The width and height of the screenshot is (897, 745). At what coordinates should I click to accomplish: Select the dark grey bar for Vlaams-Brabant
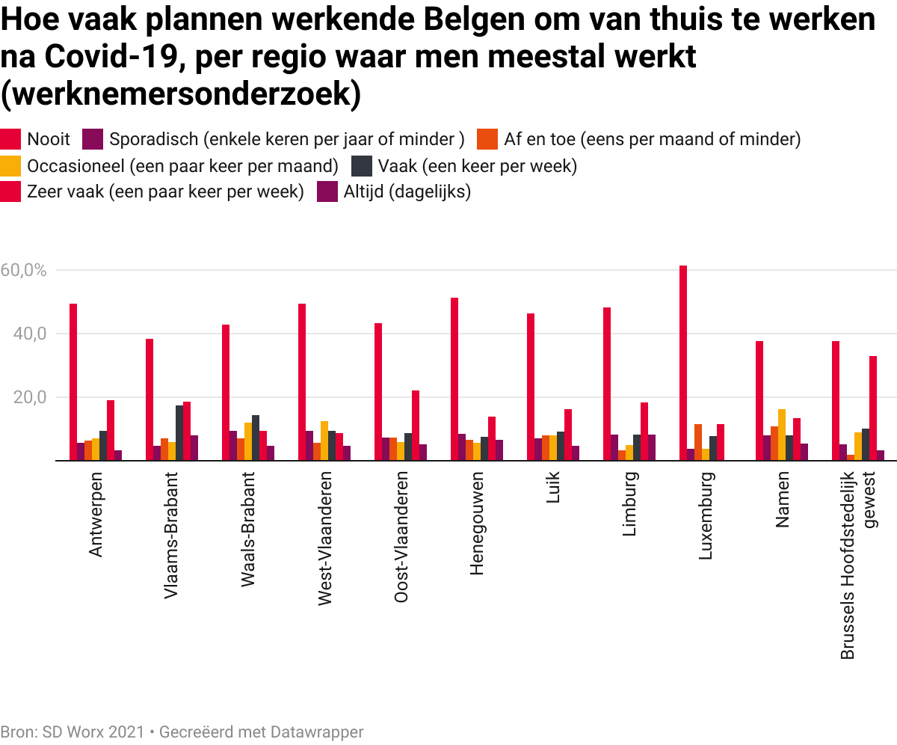pyautogui.click(x=179, y=433)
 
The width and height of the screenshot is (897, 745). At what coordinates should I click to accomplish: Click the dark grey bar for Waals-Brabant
pyautogui.click(x=256, y=438)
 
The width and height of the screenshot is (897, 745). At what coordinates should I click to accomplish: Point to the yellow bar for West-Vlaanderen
pyautogui.click(x=324, y=441)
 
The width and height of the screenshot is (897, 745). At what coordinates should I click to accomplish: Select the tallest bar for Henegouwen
pyautogui.click(x=454, y=379)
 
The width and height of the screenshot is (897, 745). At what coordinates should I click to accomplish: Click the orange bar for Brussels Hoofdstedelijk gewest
pyautogui.click(x=851, y=458)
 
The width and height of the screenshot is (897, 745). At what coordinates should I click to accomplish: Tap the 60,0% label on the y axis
pyautogui.click(x=24, y=270)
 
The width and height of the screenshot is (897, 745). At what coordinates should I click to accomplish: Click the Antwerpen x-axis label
pyautogui.click(x=96, y=514)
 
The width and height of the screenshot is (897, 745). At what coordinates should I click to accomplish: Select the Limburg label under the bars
pyautogui.click(x=629, y=504)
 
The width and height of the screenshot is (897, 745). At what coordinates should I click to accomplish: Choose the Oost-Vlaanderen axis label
pyautogui.click(x=401, y=537)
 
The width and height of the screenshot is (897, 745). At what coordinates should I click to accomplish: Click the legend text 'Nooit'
pyautogui.click(x=49, y=139)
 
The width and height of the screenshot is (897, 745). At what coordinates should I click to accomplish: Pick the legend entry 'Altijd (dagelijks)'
pyautogui.click(x=407, y=192)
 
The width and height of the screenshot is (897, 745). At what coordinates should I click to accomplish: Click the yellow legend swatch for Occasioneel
pyautogui.click(x=10, y=166)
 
